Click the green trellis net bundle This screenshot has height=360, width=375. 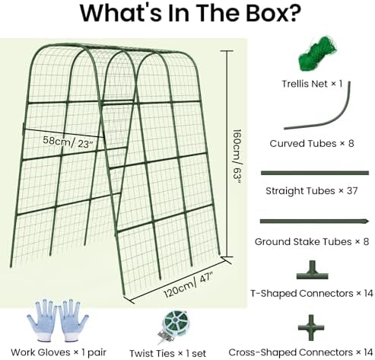click(x=317, y=54)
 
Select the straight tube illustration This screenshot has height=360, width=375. click(x=315, y=173)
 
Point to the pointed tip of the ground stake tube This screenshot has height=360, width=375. click(x=368, y=221)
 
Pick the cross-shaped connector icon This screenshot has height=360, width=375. click(x=311, y=327)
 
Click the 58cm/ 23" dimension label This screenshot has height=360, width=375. click(x=68, y=142)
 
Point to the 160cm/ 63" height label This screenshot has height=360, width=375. click(x=237, y=156)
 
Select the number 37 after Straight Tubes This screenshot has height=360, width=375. click(x=352, y=190)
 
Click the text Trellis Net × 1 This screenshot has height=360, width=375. click(x=312, y=84)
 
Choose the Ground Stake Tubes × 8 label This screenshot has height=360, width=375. click(x=312, y=241)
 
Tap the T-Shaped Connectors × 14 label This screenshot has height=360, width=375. click(x=312, y=293)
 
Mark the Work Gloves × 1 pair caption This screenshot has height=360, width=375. click(x=59, y=352)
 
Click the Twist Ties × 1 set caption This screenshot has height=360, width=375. click(x=167, y=353)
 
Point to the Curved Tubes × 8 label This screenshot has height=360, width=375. click(x=312, y=144)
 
